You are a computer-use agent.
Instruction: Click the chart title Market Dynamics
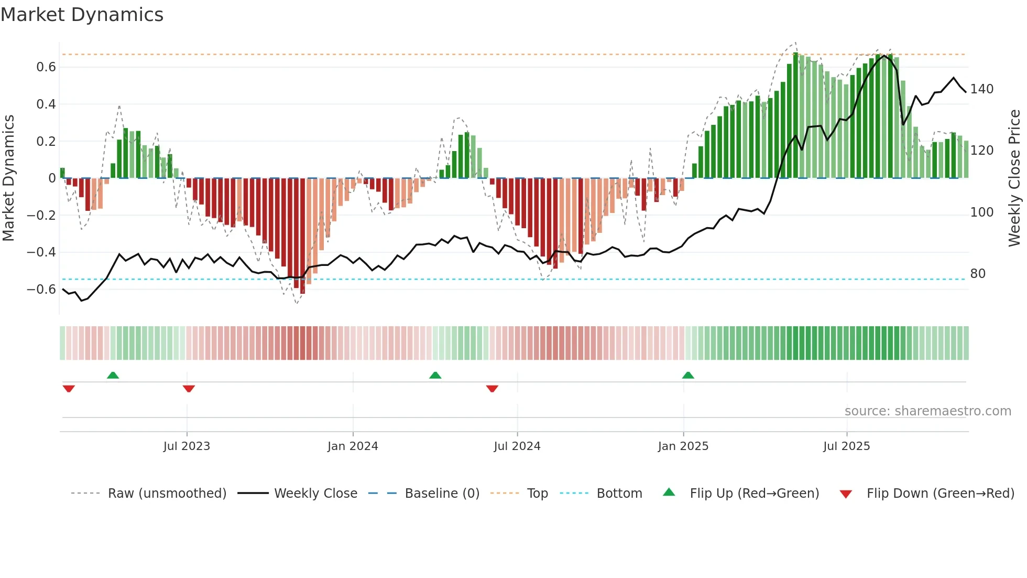(82, 15)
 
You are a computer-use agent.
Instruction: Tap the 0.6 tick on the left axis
(46, 67)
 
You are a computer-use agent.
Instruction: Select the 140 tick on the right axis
(981, 89)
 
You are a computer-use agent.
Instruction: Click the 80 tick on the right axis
(978, 274)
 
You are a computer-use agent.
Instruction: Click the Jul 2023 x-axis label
(187, 446)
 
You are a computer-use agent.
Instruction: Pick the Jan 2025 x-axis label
(683, 446)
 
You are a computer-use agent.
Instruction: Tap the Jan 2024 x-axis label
(353, 446)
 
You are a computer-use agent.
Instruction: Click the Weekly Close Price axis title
(1014, 178)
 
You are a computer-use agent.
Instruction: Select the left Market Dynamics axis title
(8, 178)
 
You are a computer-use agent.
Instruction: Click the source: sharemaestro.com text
(927, 411)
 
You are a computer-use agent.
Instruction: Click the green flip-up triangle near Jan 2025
(688, 375)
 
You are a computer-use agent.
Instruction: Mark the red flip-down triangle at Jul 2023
(189, 389)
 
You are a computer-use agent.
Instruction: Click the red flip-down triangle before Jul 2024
(492, 389)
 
